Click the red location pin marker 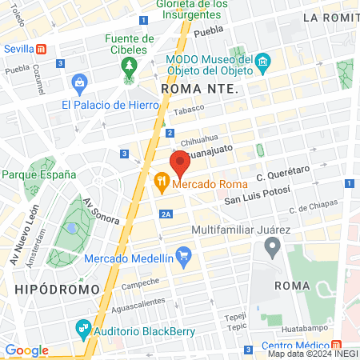click(180, 164)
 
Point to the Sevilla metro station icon click(52, 48)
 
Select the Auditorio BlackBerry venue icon click(82, 327)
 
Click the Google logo click(26, 350)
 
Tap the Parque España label click(38, 174)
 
